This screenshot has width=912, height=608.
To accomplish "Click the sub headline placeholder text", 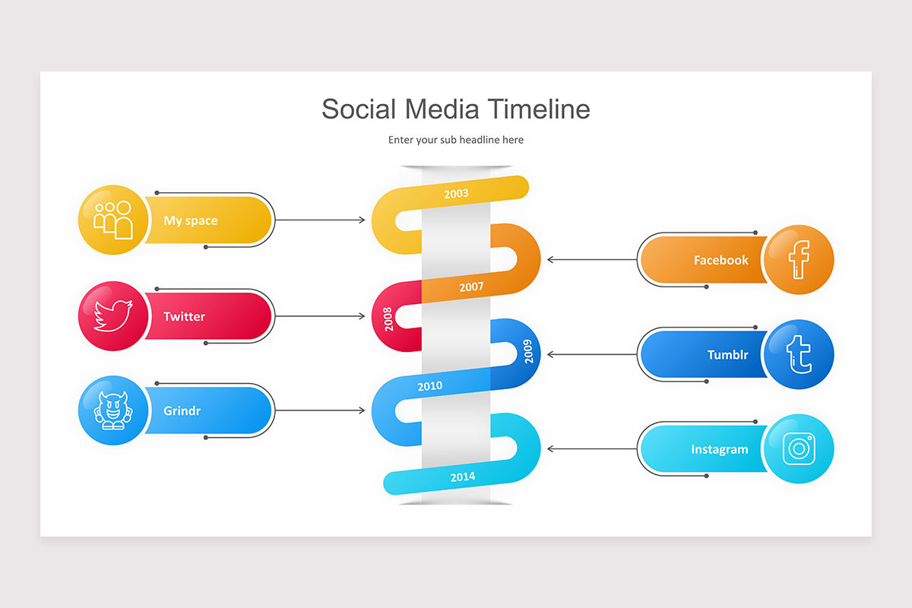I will [455, 140].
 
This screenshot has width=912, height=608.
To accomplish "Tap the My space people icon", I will [112, 220].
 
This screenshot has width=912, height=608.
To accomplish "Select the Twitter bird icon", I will [112, 316].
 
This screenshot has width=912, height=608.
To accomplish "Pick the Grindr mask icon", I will [112, 411].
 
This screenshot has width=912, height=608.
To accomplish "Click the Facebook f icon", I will [799, 260].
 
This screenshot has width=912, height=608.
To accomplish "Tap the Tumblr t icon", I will [799, 355].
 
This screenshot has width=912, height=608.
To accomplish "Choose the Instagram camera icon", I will [799, 449].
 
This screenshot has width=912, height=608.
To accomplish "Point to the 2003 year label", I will [456, 194].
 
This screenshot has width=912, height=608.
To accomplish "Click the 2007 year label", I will [471, 287].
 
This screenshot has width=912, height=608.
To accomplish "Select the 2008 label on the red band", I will [388, 318].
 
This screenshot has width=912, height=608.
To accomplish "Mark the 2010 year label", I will [429, 386].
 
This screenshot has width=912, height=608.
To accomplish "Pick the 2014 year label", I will [462, 477].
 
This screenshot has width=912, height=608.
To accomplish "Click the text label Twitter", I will [184, 316].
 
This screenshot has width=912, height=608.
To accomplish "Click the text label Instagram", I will [719, 449].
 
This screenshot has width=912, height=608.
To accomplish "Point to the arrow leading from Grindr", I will [320, 411].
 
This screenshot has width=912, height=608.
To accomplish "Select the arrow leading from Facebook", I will [592, 260].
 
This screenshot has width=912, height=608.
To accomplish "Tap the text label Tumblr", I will [727, 355].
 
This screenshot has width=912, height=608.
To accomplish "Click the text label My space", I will [190, 220].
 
